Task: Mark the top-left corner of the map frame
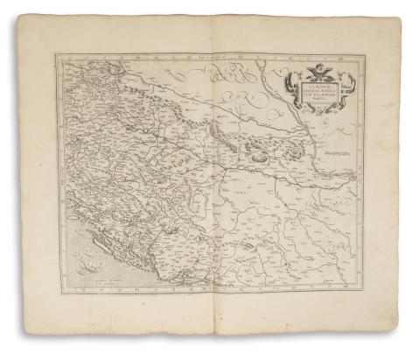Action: (56, 55)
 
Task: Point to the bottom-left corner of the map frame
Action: (59, 300)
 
